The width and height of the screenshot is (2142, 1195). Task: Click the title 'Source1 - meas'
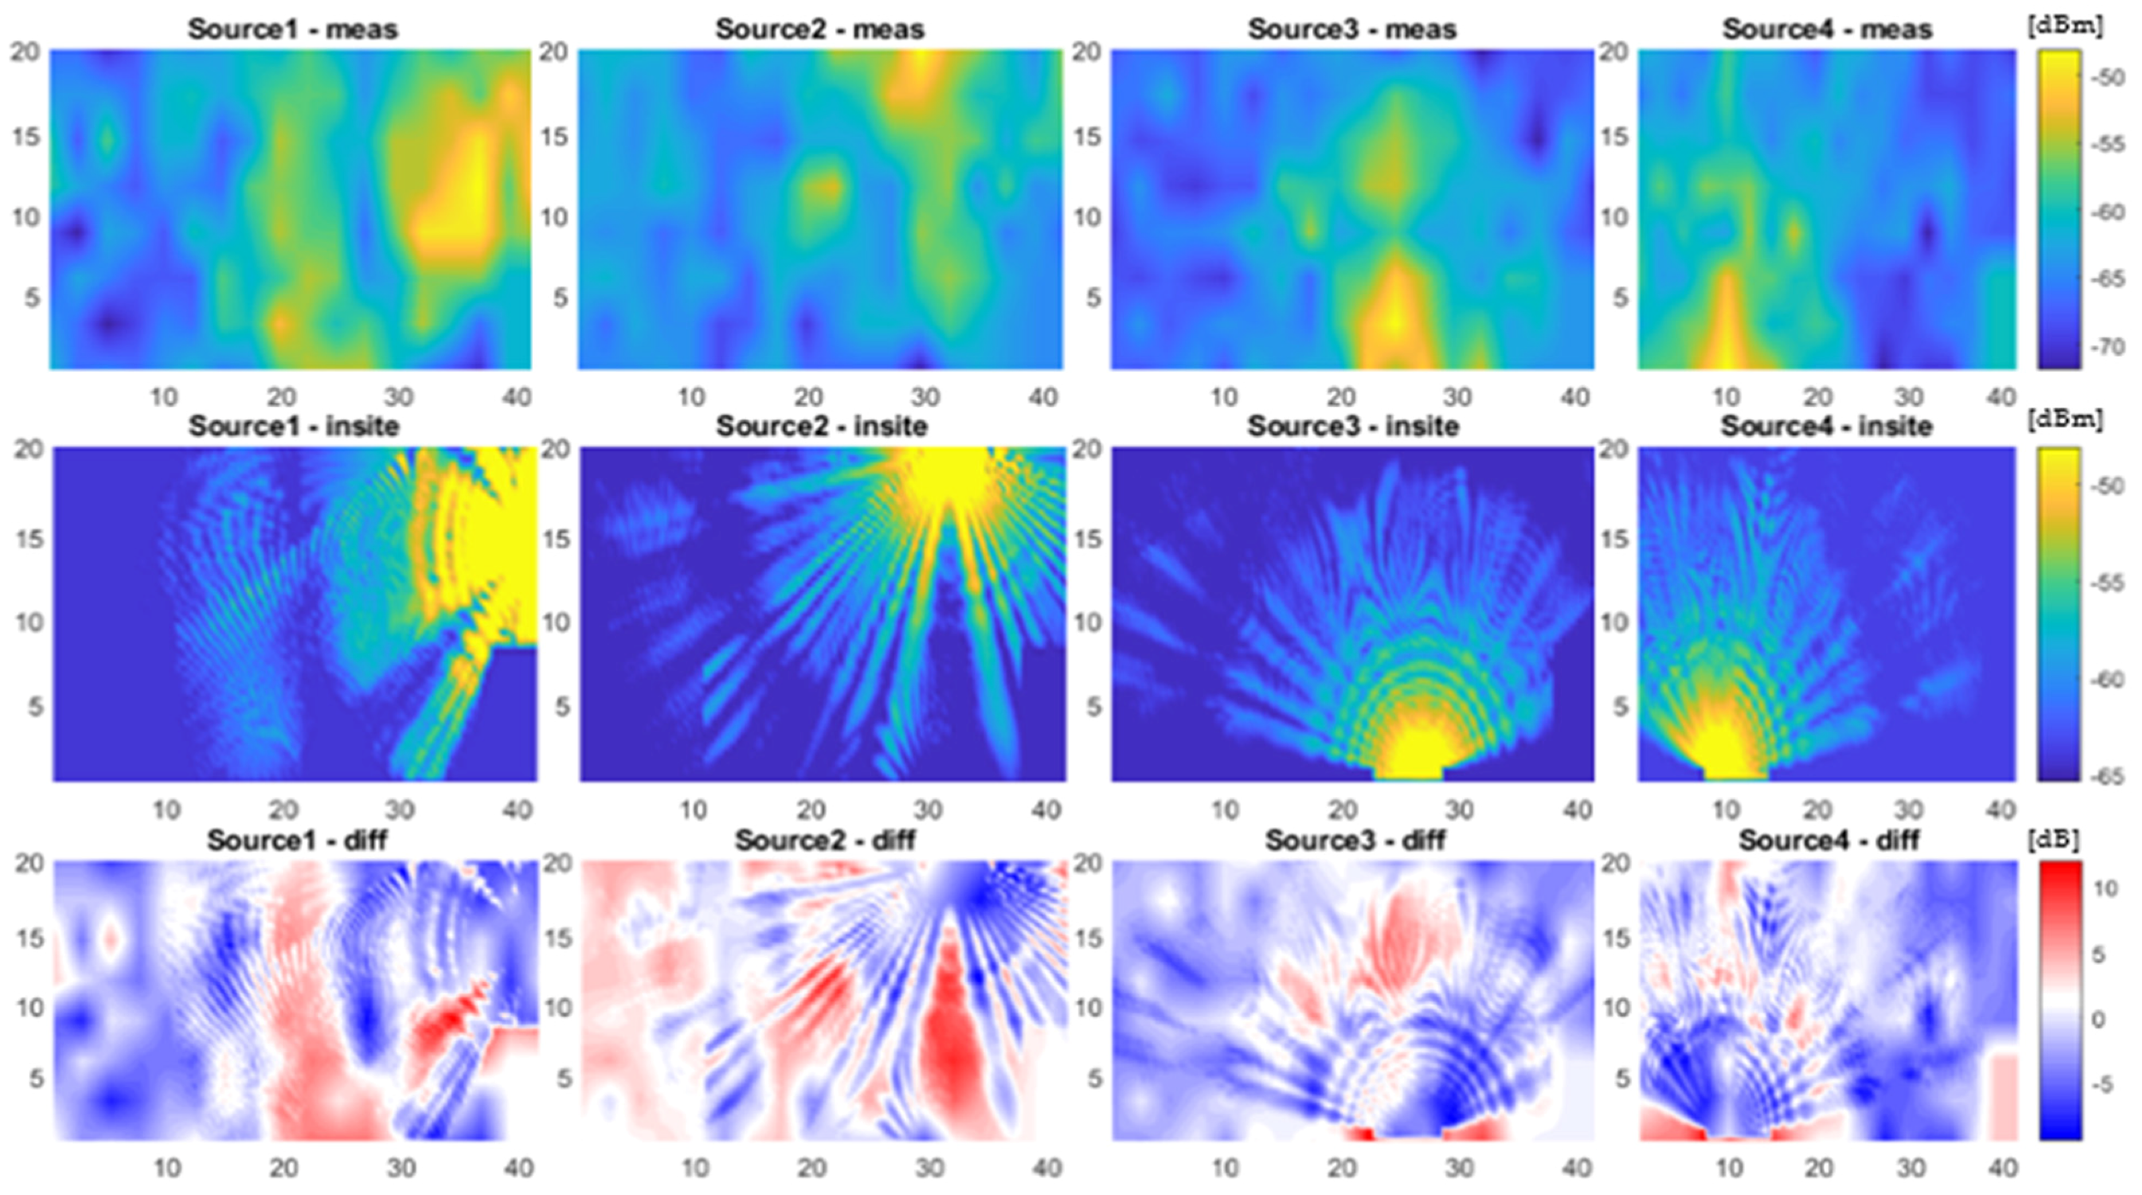[293, 29]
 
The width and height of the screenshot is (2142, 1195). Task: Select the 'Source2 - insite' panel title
[821, 426]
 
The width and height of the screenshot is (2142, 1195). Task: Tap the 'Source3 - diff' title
[1355, 840]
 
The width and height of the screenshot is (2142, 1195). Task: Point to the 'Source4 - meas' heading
[1827, 29]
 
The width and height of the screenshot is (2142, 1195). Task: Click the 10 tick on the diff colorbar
[2105, 889]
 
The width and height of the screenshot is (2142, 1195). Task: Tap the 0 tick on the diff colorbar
[2098, 1020]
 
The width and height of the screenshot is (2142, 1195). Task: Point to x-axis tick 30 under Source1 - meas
[399, 397]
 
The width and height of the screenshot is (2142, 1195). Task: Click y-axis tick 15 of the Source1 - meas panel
[26, 137]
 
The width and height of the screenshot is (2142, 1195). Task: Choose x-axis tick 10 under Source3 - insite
[1225, 809]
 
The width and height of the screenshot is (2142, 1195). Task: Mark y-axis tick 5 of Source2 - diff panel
[564, 1078]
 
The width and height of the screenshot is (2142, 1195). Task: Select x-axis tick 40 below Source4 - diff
[2002, 1168]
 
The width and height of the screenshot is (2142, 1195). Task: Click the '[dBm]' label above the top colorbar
[2064, 26]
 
